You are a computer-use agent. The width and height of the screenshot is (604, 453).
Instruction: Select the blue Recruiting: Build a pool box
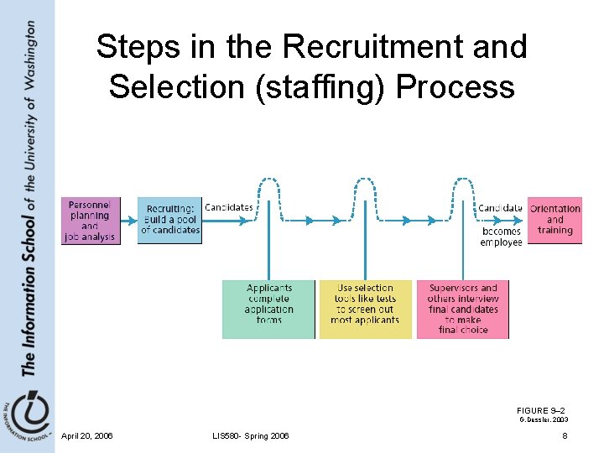(x=169, y=220)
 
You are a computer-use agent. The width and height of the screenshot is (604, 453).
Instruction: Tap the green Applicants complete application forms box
(x=268, y=309)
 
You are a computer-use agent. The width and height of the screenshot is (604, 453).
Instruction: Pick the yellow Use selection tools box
(x=365, y=309)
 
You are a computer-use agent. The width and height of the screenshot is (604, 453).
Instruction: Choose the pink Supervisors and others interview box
(x=462, y=309)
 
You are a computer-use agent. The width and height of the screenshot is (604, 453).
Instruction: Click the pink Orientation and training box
(x=555, y=220)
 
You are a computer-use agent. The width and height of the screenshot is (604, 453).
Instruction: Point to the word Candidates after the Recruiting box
(x=229, y=207)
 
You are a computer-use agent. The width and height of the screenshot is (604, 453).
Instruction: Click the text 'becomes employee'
(x=501, y=237)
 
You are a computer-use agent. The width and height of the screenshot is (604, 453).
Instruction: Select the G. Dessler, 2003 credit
(x=544, y=419)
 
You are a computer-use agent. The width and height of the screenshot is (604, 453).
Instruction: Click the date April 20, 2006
(x=87, y=436)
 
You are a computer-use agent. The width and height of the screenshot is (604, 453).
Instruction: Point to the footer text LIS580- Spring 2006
(x=251, y=436)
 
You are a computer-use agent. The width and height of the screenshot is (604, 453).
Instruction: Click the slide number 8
(x=565, y=436)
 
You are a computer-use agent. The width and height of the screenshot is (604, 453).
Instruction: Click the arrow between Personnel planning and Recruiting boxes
(x=128, y=221)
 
